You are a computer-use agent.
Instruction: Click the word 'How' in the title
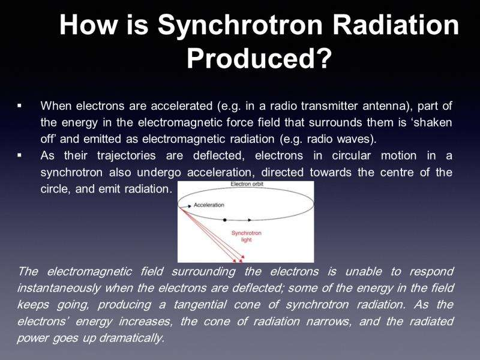(88, 25)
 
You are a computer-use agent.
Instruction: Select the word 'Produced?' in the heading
(259, 58)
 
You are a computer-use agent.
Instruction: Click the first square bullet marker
(20, 106)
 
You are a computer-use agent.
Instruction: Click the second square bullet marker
(20, 155)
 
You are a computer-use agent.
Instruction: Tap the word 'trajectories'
(127, 156)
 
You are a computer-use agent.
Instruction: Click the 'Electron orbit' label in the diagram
(247, 184)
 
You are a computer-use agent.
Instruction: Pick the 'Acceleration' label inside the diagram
(209, 205)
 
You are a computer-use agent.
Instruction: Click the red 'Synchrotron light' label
(247, 236)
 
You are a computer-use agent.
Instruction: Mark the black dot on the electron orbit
(224, 220)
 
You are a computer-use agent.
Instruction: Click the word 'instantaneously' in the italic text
(59, 289)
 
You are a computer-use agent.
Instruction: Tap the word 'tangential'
(200, 305)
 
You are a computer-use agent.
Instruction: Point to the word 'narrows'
(329, 322)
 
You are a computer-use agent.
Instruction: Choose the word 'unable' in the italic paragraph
(364, 272)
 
